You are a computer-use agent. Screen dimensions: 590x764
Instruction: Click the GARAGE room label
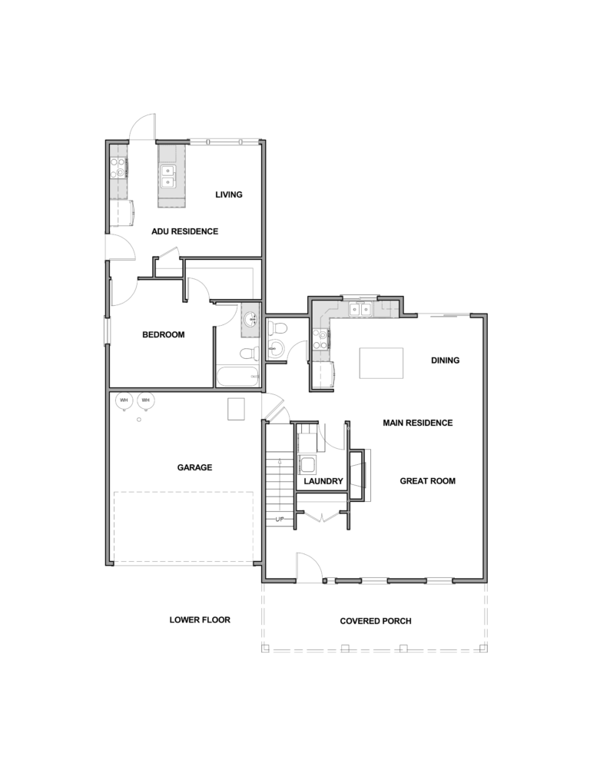point(194,467)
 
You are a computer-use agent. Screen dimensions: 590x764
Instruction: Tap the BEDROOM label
point(163,335)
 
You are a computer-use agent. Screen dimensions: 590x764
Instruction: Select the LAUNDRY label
point(323,481)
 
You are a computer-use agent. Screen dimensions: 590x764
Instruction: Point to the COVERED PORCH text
point(376,621)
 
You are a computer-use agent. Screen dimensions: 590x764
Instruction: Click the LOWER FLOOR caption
point(200,620)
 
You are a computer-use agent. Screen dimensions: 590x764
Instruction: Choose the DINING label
point(446,360)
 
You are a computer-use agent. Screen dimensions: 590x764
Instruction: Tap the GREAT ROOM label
point(428,481)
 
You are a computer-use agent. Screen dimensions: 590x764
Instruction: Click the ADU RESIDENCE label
point(184,231)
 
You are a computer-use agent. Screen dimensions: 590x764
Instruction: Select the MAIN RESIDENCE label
point(417,423)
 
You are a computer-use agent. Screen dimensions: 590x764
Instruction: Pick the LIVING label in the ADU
point(229,194)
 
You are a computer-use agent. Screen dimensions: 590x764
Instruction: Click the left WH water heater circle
point(124,400)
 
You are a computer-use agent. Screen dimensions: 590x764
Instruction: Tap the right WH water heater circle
point(145,400)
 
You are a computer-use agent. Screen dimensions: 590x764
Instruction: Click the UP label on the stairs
point(280,519)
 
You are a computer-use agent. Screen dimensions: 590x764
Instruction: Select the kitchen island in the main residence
point(382,363)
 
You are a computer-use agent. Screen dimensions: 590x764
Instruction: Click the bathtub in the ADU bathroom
point(237,377)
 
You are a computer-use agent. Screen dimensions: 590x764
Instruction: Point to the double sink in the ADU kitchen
point(168,176)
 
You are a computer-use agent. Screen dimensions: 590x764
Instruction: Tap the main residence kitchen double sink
point(360,309)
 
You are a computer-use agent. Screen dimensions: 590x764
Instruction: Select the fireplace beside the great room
point(359,475)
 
